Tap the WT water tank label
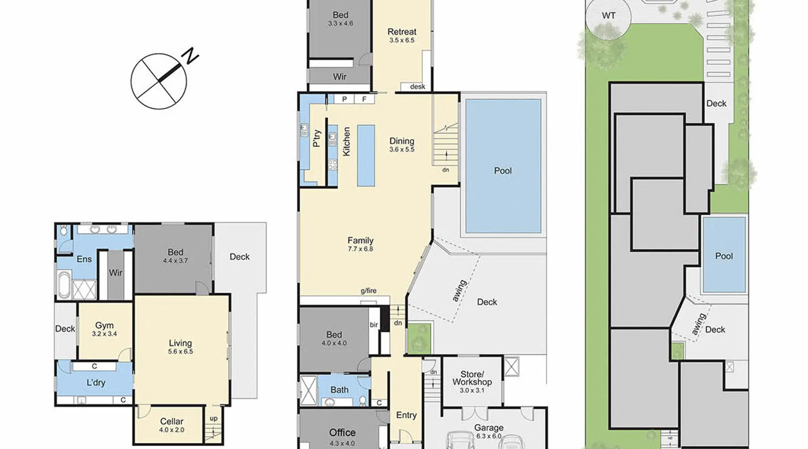coord(609,16)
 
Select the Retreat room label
coord(402,32)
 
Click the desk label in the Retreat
coord(417,87)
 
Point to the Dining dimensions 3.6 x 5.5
coord(402,150)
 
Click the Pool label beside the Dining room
coord(503,171)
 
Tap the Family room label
coord(360,241)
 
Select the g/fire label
coord(369,291)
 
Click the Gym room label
coord(104,326)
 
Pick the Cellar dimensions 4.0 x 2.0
coord(171,430)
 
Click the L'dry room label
coord(96,383)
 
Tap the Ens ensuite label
coord(84,259)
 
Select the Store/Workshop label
coord(472,378)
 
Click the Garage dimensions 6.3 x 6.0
coord(489,436)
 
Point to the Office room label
coord(342,432)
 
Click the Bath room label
coord(339,390)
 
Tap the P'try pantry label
coord(317,138)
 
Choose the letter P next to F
coord(345,99)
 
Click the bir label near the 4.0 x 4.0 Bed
coord(374,325)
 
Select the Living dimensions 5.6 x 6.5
coord(180,352)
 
